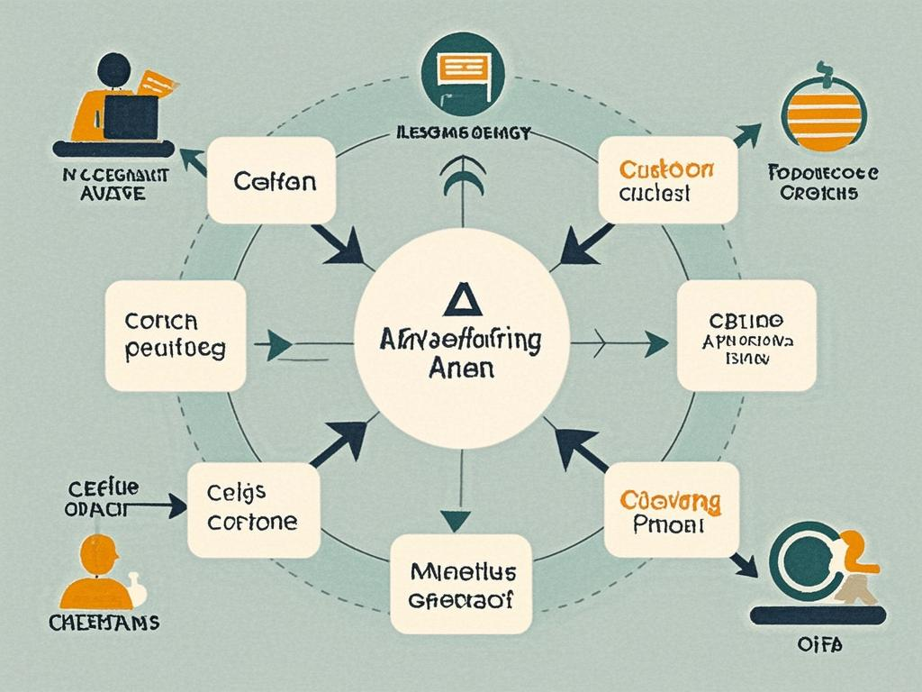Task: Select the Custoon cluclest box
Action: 667,179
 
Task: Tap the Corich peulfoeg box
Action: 175,335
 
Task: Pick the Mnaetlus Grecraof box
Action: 461,584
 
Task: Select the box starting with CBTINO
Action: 746,335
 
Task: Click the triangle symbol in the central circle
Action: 460,300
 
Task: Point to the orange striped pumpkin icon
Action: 823,112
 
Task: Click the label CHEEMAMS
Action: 100,623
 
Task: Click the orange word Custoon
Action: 666,168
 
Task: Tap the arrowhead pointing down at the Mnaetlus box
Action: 456,520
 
